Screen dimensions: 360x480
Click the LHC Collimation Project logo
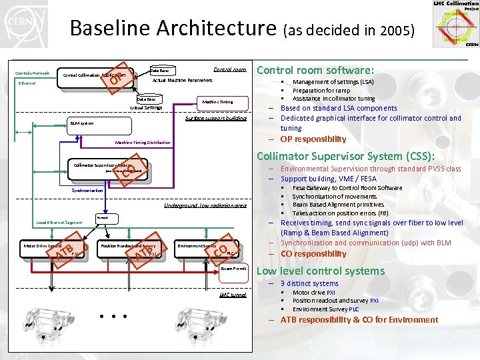pos(455,24)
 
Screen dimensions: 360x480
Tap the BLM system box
pos(83,123)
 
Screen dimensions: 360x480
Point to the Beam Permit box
pos(233,268)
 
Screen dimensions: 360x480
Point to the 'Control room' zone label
pos(230,69)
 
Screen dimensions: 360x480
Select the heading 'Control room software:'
pos(315,70)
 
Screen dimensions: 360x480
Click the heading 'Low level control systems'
pos(321,271)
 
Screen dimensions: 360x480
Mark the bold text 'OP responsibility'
pos(313,139)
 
